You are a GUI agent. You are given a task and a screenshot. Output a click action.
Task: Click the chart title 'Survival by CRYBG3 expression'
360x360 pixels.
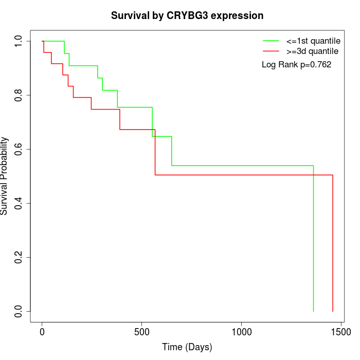(187, 16)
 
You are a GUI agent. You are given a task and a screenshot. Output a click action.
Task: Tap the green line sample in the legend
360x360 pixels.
(271, 41)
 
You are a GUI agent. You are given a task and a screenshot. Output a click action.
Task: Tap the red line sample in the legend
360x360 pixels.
(271, 51)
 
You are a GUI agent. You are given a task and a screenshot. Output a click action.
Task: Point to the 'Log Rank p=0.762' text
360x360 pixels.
(296, 65)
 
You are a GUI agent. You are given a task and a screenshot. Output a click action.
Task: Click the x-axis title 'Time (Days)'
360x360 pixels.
(187, 347)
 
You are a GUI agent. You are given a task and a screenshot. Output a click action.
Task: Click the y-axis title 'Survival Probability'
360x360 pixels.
(5, 176)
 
